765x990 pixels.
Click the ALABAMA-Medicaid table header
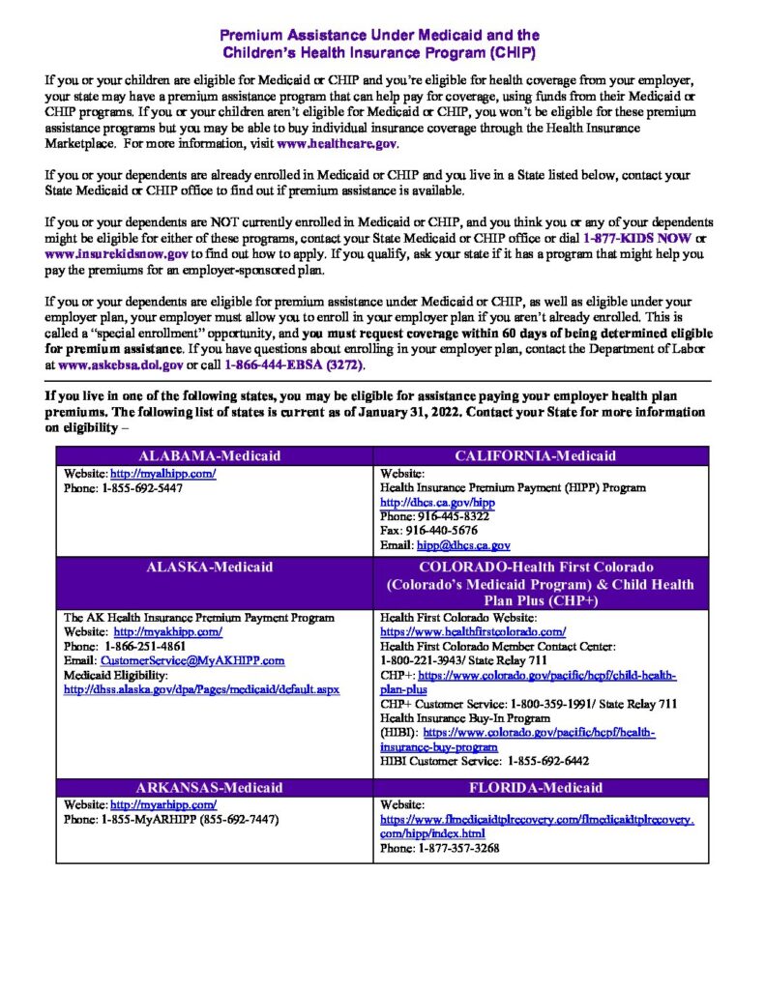[214, 456]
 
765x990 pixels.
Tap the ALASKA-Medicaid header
[214, 567]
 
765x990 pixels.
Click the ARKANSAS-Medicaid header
[214, 787]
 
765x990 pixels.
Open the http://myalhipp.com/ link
[162, 474]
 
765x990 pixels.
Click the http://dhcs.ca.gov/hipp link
[424, 503]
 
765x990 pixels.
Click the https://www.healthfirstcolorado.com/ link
[473, 631]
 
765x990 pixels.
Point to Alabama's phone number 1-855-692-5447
[142, 488]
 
